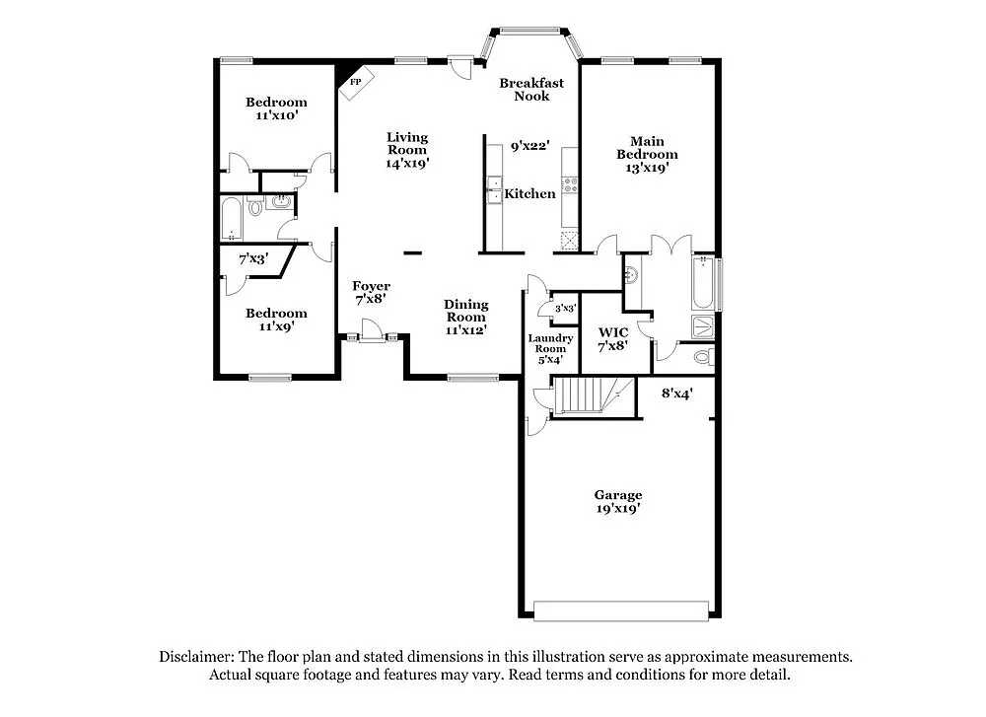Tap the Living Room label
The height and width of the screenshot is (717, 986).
tap(406, 137)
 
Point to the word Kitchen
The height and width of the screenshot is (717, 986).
tap(529, 194)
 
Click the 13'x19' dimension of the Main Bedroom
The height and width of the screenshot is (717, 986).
tap(647, 168)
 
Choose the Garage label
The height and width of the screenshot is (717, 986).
tap(617, 495)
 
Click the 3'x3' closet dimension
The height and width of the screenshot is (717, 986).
tap(565, 309)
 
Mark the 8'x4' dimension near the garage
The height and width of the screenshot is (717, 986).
tap(676, 393)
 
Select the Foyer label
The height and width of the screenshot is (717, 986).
tap(372, 286)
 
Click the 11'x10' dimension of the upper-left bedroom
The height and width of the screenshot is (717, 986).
tap(276, 115)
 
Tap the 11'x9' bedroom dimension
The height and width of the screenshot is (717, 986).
tap(276, 325)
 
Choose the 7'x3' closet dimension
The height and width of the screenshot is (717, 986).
tap(253, 259)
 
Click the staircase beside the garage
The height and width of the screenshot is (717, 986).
tap(587, 398)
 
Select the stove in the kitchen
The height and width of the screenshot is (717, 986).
tap(569, 183)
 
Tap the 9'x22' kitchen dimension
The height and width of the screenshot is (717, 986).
tap(528, 146)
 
